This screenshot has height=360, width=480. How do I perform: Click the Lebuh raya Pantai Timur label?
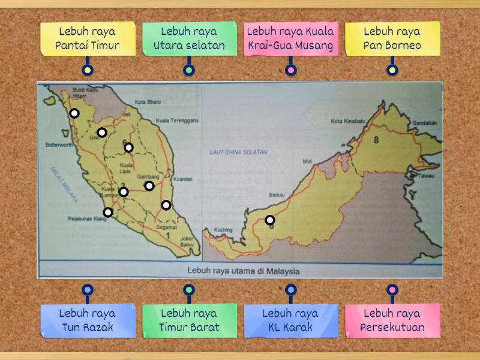point(88,38)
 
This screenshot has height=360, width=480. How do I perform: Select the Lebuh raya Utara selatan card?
point(189,38)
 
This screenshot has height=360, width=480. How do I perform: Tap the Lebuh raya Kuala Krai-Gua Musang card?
point(291,38)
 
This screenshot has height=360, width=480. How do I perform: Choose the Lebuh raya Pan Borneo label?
point(392,38)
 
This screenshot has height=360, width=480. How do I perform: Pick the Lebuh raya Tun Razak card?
point(88,320)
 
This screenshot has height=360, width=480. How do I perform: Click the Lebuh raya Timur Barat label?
point(189,320)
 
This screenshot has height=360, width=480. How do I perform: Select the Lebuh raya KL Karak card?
point(291,320)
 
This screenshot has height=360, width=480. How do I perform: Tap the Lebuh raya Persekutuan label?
point(392,320)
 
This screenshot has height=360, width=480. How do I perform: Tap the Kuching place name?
point(223,230)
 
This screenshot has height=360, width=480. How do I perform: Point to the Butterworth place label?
point(59,145)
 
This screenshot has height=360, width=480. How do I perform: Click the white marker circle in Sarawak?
point(270,220)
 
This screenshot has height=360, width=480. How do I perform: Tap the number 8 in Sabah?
point(376,140)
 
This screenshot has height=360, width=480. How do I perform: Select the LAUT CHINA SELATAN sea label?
point(239,152)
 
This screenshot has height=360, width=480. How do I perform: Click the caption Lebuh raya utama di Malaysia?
point(243,271)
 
